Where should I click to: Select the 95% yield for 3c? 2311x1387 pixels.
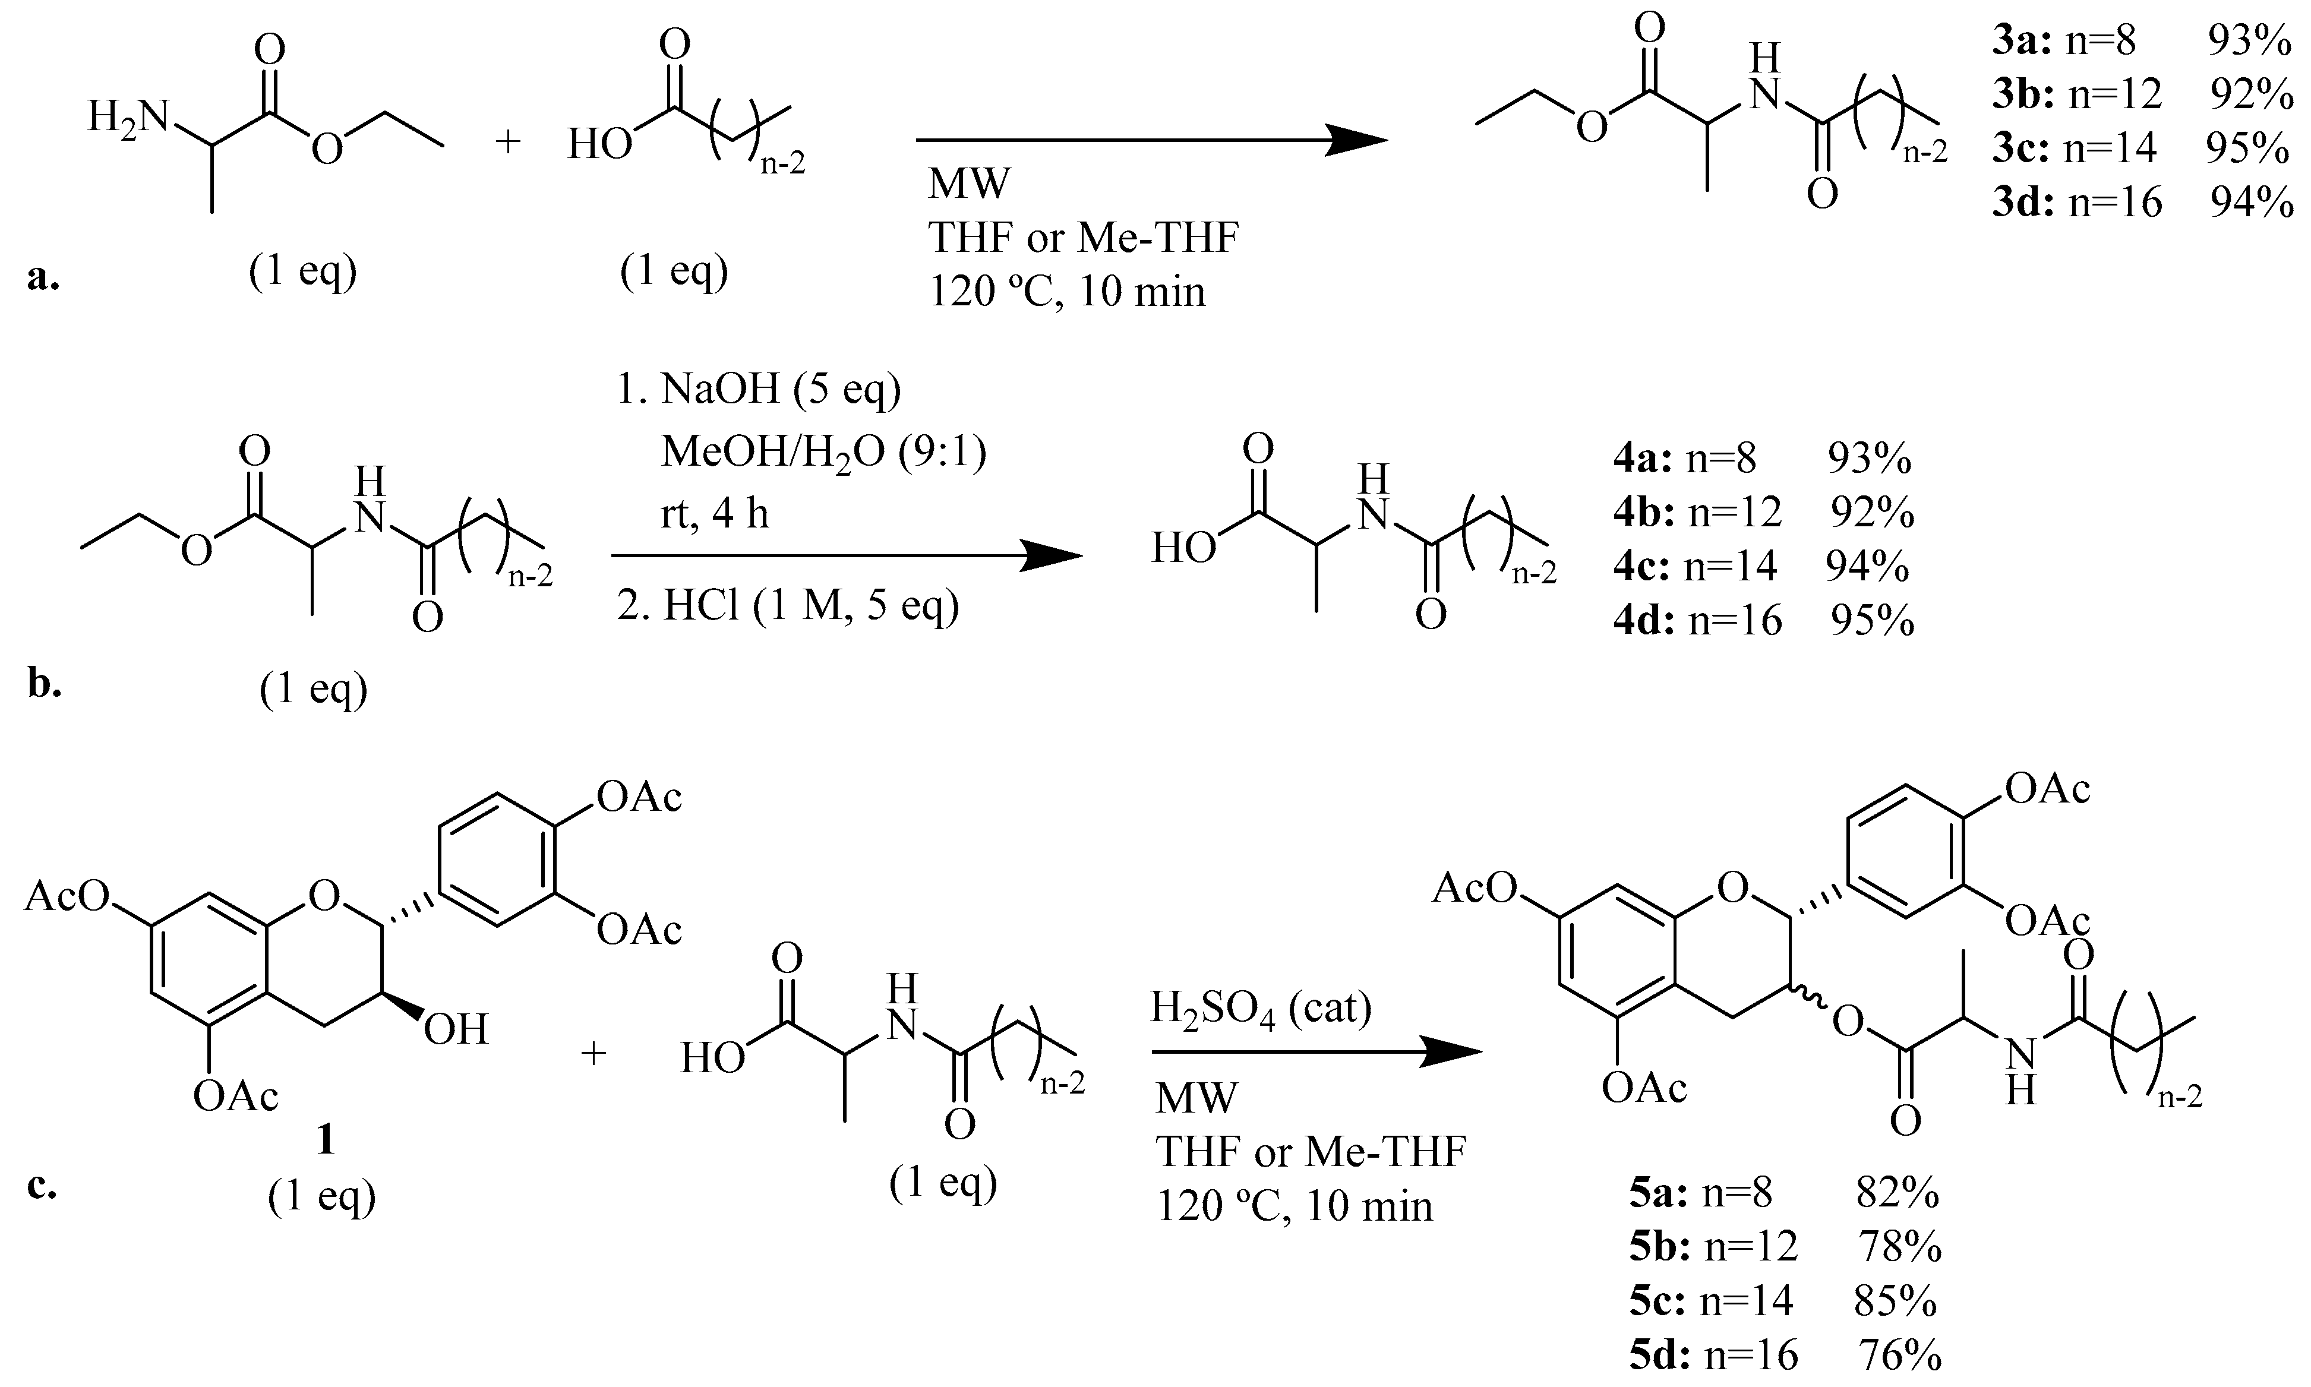point(2247,148)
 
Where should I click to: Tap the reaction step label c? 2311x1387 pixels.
point(42,1185)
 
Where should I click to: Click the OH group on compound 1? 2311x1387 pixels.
point(456,1030)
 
